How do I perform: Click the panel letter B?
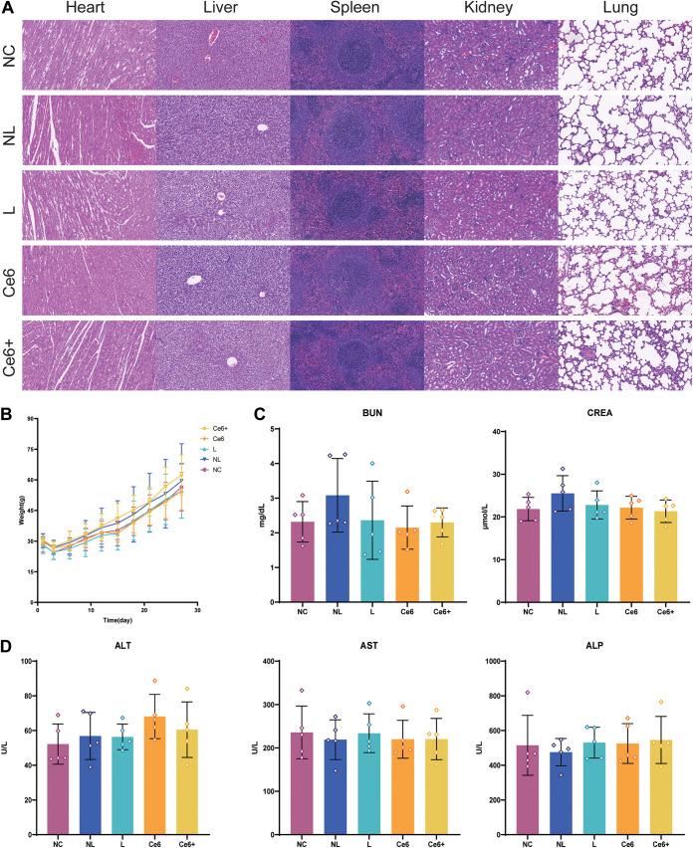[x=7, y=409]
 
